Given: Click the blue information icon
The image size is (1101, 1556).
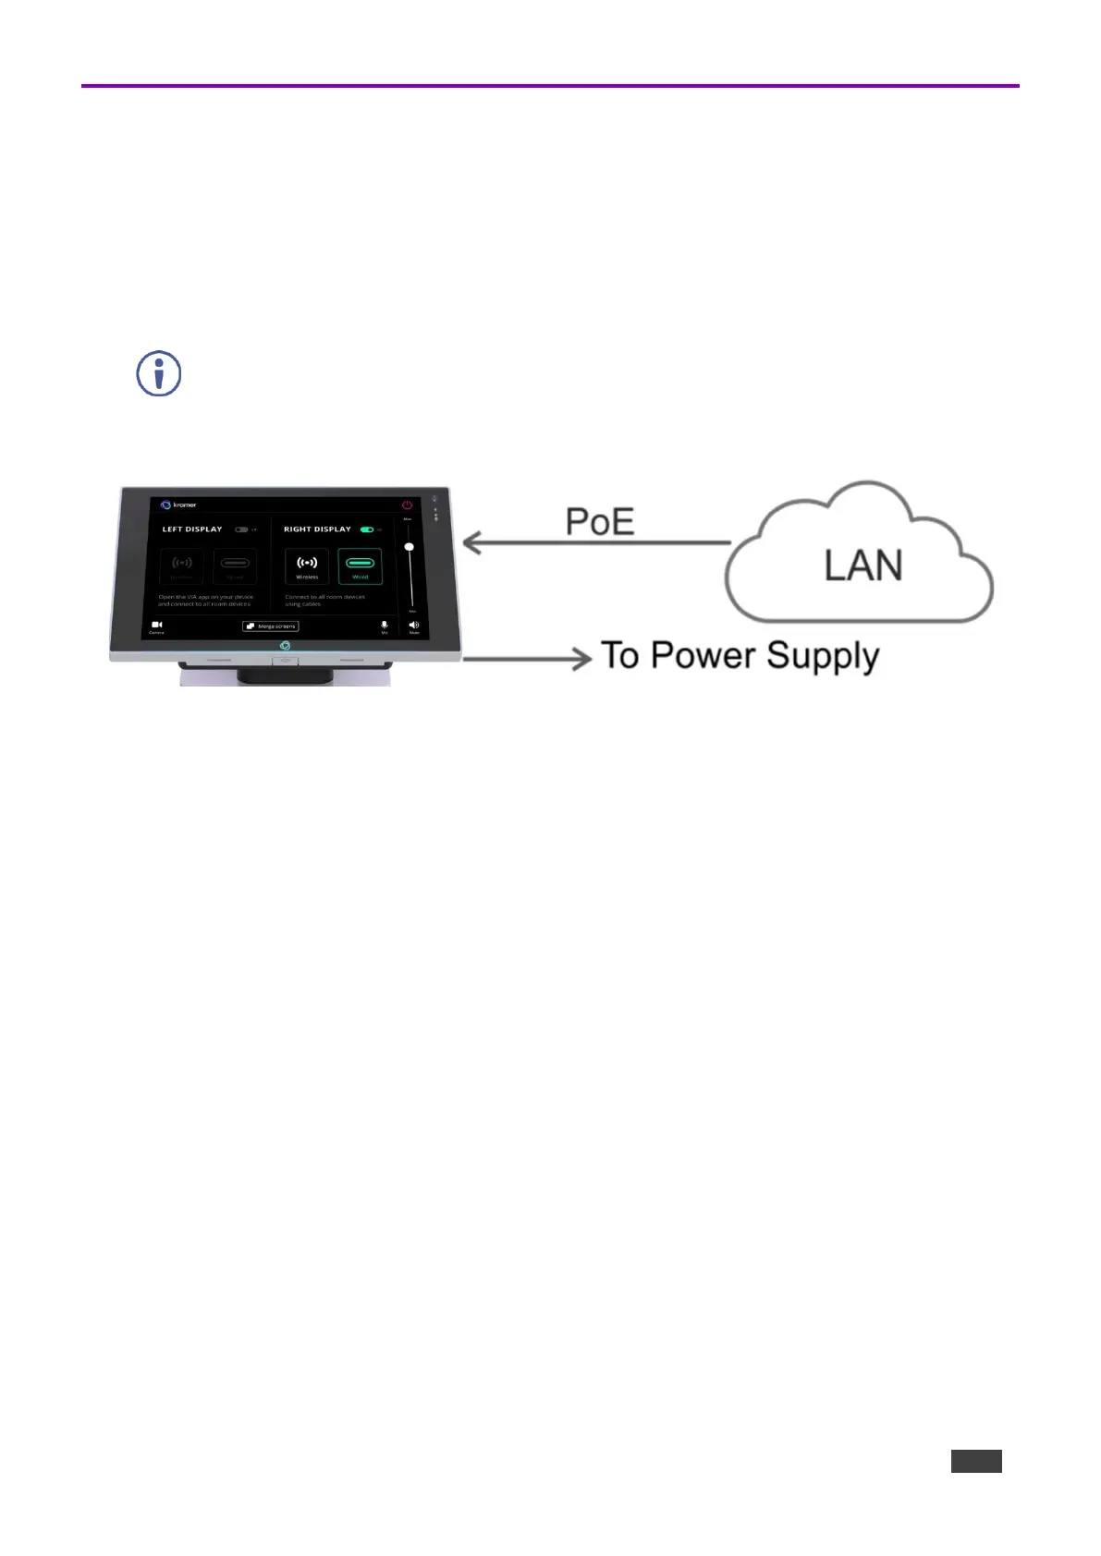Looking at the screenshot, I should (159, 374).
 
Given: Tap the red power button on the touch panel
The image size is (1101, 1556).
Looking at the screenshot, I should (407, 505).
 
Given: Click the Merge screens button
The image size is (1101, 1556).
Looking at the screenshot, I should (271, 626).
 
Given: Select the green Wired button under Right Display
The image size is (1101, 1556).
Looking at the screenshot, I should (360, 565).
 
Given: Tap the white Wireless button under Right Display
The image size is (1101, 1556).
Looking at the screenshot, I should (307, 565).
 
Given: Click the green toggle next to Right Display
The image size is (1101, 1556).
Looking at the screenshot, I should (367, 530).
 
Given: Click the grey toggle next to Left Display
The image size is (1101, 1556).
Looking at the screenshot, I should (241, 530).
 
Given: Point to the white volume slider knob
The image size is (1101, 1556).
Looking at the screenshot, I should (409, 547).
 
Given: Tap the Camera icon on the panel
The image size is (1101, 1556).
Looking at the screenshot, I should (157, 626).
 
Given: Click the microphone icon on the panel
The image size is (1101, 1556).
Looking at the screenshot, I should (385, 626).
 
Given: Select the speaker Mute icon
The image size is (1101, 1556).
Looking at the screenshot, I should (413, 626).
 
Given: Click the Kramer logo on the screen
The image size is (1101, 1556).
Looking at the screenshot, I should (179, 505).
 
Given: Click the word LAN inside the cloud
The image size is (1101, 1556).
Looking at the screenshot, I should (863, 565).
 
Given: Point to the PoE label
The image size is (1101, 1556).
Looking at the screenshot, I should (600, 522).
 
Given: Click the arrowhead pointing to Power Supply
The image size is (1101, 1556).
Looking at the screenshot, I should (582, 659).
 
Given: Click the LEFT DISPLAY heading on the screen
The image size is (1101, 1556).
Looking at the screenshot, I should (192, 529).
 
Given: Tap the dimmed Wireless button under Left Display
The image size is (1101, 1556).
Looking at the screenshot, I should (182, 565).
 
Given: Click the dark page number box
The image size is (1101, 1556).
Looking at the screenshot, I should (976, 1461).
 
